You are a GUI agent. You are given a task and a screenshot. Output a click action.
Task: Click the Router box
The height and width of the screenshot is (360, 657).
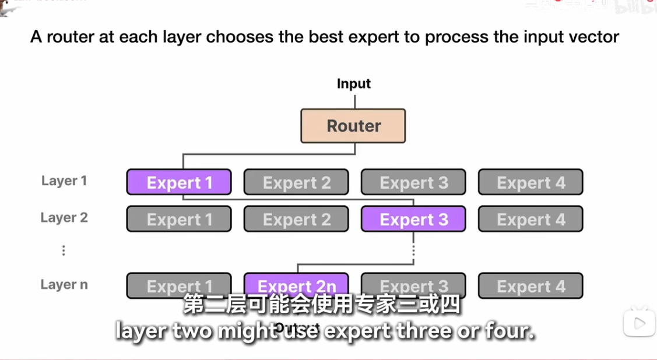[x=353, y=126]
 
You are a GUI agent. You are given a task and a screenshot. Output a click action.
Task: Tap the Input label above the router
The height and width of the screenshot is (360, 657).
[x=354, y=84]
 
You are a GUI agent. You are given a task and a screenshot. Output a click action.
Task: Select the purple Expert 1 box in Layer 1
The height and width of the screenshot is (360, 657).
[x=179, y=182]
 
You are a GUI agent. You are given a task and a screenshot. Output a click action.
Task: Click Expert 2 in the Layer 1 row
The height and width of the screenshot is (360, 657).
[x=296, y=182]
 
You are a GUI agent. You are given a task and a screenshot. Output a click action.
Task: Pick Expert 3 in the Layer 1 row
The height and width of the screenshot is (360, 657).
[x=413, y=182]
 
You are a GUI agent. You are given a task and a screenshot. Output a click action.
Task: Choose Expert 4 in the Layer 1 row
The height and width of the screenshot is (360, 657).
[x=530, y=182]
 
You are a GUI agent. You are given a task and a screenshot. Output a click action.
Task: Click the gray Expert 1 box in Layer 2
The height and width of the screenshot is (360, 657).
[x=179, y=219]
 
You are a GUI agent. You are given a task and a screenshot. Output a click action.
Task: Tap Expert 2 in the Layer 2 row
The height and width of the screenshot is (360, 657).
[x=296, y=219]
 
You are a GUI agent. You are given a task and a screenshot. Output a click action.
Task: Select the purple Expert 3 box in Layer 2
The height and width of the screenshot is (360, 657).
[x=413, y=219]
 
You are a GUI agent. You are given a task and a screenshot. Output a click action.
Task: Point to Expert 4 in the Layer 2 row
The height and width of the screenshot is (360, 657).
[x=530, y=219]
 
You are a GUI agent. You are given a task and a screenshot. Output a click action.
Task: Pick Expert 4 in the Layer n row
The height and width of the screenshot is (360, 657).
[x=530, y=286]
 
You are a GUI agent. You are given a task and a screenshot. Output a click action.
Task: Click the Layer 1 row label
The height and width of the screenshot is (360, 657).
[x=64, y=181]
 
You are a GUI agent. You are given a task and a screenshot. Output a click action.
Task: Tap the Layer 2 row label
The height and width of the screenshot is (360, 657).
[x=64, y=218]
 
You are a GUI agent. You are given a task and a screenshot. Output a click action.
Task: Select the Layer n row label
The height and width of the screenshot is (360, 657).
[x=64, y=285]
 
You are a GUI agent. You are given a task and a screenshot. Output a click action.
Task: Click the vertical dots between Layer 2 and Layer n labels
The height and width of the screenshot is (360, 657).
[x=64, y=250]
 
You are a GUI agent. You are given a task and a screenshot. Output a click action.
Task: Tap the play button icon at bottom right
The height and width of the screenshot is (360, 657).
[x=640, y=322]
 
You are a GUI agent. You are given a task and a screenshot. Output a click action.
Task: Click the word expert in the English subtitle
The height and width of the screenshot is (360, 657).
[x=357, y=331]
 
